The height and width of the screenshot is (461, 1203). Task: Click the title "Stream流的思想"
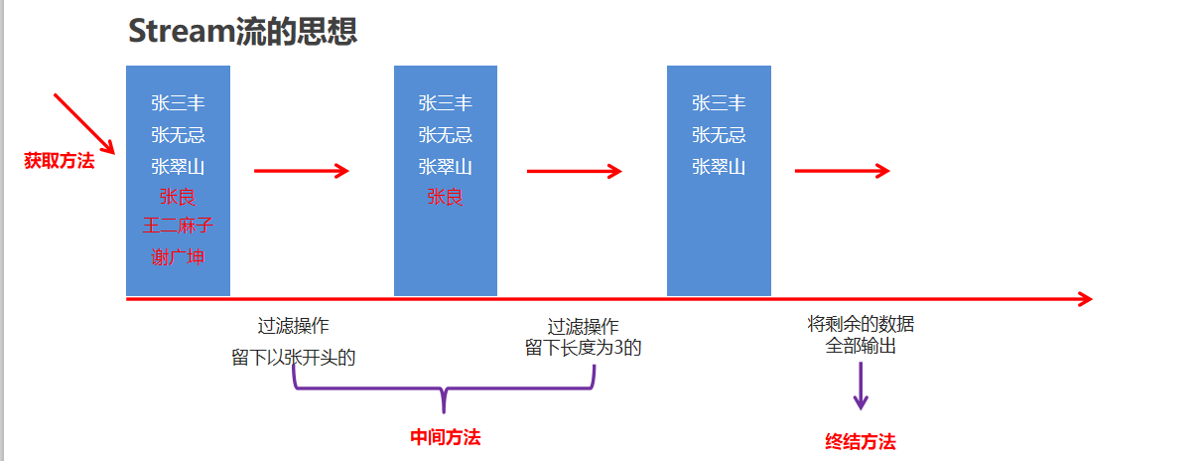tap(243, 31)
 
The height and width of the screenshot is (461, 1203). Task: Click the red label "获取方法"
tap(60, 161)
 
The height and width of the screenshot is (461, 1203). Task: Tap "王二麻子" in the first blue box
tap(178, 226)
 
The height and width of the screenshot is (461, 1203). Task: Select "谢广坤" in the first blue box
tap(178, 256)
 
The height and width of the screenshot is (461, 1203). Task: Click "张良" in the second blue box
tap(445, 197)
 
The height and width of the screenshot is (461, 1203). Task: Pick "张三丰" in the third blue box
tap(719, 103)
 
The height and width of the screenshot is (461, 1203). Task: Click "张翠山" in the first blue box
tap(178, 166)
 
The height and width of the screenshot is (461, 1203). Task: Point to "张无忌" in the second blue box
tap(445, 134)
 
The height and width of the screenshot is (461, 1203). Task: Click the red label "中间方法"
tap(446, 437)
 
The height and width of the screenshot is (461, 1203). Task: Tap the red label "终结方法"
tap(861, 442)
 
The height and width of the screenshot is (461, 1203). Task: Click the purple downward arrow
tap(861, 387)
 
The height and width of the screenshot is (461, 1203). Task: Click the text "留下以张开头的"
tap(294, 358)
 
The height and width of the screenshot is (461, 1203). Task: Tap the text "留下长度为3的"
tap(584, 348)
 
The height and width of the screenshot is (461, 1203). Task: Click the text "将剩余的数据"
tap(861, 324)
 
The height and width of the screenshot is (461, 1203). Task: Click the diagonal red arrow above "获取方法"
tap(84, 124)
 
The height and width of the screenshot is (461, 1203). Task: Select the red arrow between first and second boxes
tap(302, 171)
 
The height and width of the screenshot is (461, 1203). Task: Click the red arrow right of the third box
tap(842, 171)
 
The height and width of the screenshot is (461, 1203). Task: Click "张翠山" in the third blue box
tap(719, 166)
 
